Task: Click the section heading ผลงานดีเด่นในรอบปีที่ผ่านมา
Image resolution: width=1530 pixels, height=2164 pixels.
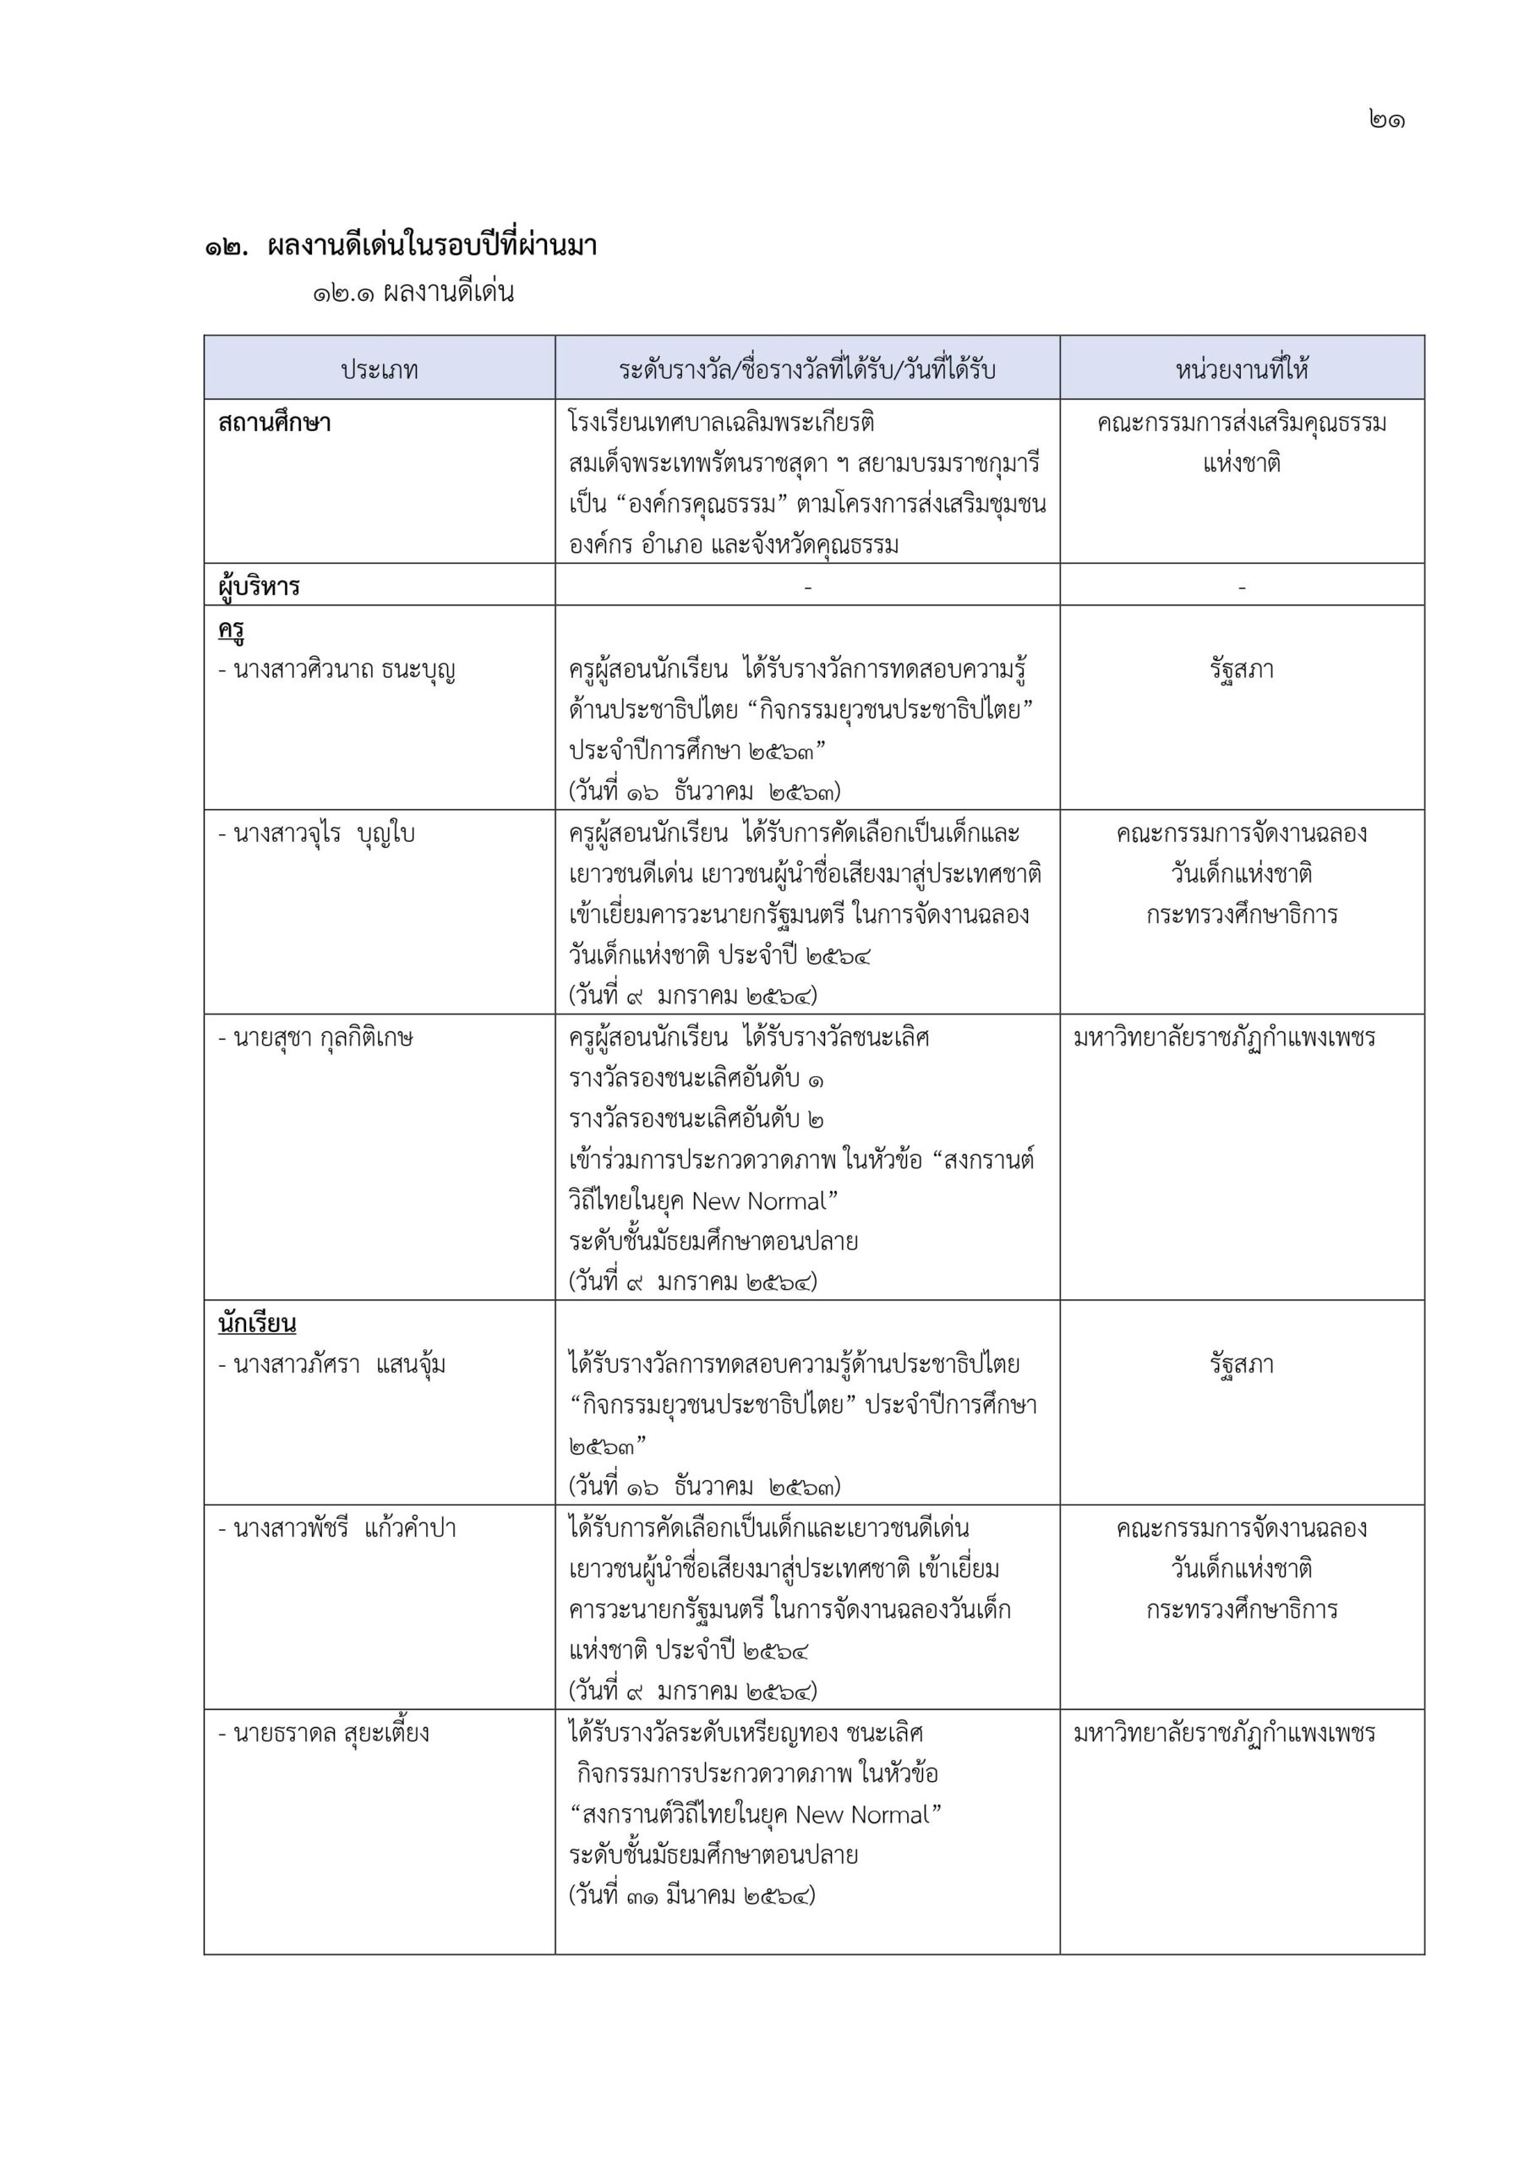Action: (433, 247)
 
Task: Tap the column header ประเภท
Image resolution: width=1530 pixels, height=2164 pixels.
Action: (379, 369)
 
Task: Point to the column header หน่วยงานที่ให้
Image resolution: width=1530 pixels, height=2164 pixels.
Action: (1242, 369)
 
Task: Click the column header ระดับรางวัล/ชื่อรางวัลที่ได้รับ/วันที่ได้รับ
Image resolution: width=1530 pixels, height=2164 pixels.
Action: (807, 369)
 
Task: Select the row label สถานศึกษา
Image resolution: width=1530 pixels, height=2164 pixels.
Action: (275, 424)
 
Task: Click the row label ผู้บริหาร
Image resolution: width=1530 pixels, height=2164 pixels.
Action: (260, 587)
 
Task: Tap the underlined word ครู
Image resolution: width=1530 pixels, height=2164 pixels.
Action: (232, 630)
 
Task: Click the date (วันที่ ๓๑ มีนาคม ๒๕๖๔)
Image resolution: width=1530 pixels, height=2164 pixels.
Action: (692, 1895)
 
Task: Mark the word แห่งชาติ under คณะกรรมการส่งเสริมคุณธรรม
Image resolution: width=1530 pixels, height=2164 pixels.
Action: (1242, 464)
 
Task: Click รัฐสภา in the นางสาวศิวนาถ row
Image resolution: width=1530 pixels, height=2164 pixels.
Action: (1242, 670)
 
